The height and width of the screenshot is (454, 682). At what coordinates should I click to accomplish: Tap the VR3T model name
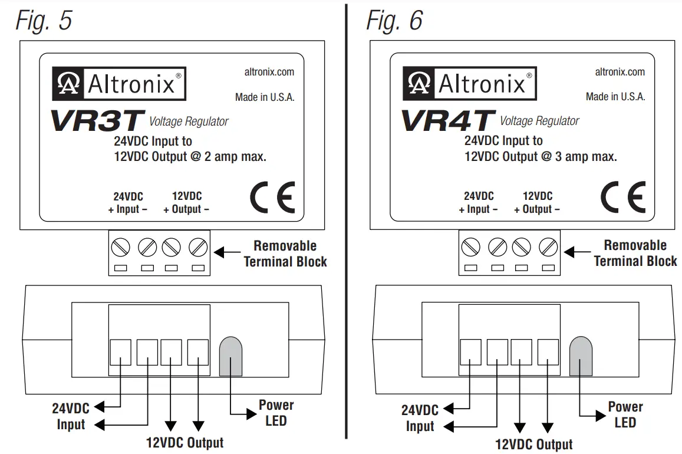point(97,120)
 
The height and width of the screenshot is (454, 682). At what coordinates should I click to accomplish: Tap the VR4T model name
point(447,120)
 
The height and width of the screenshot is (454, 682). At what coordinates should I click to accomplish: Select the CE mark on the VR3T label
point(272,199)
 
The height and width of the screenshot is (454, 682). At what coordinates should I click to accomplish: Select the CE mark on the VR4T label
point(622,198)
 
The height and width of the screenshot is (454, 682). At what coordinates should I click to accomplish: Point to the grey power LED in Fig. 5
point(230,356)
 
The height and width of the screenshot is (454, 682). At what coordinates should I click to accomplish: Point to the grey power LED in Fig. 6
point(581,356)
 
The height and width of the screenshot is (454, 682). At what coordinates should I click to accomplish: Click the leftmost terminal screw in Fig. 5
point(121,246)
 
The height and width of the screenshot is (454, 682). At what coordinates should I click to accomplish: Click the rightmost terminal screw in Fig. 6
point(549,246)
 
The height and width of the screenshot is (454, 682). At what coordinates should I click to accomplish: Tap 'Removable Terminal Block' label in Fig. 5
point(285,254)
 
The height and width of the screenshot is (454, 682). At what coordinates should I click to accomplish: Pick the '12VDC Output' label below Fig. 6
point(534,445)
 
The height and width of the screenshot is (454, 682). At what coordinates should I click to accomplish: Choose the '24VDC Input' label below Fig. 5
point(71,416)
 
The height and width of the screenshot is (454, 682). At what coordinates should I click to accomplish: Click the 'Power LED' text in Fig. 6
point(625,414)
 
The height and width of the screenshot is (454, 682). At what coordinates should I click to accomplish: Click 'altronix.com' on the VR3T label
point(269,72)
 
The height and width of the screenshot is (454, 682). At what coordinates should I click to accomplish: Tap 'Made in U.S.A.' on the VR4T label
point(615,96)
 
